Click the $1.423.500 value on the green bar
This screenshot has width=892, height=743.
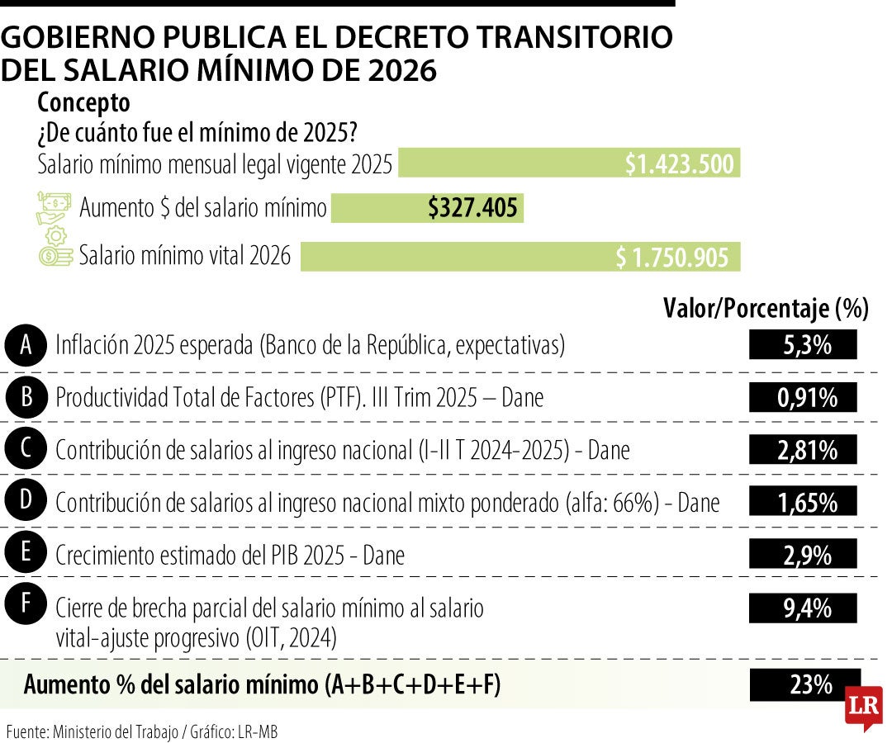[679, 163]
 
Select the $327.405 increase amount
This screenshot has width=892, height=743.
[472, 208]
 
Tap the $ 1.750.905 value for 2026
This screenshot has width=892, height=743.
[672, 258]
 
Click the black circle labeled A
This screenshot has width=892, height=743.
[26, 345]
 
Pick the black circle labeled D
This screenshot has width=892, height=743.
[26, 500]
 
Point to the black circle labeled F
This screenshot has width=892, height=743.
[26, 605]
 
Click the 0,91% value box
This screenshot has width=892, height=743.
[803, 398]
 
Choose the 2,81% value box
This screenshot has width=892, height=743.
[803, 450]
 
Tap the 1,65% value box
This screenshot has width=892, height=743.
[803, 502]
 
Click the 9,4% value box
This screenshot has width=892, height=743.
[803, 609]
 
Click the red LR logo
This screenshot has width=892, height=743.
[863, 707]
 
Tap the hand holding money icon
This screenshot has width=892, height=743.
[54, 207]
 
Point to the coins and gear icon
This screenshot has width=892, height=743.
[55, 248]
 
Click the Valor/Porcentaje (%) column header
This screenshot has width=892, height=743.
[766, 308]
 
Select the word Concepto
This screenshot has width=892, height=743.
[83, 103]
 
